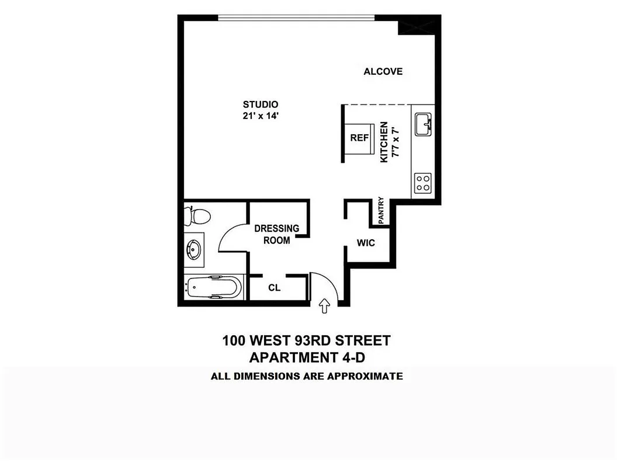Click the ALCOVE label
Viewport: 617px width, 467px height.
pyautogui.click(x=383, y=72)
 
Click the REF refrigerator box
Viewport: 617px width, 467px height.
pyautogui.click(x=359, y=139)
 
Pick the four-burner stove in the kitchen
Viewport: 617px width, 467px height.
pyautogui.click(x=422, y=183)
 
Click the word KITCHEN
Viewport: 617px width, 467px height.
pyautogui.click(x=384, y=142)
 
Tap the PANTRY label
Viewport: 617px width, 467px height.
pyautogui.click(x=381, y=210)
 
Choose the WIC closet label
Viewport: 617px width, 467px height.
pyautogui.click(x=366, y=242)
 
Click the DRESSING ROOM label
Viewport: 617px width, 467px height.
pyautogui.click(x=276, y=234)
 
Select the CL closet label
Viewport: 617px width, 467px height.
pyautogui.click(x=275, y=287)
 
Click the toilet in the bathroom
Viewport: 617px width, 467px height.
pyautogui.click(x=196, y=216)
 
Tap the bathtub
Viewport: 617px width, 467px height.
pyautogui.click(x=213, y=287)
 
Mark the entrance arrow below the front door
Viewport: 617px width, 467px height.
pyautogui.click(x=325, y=306)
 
